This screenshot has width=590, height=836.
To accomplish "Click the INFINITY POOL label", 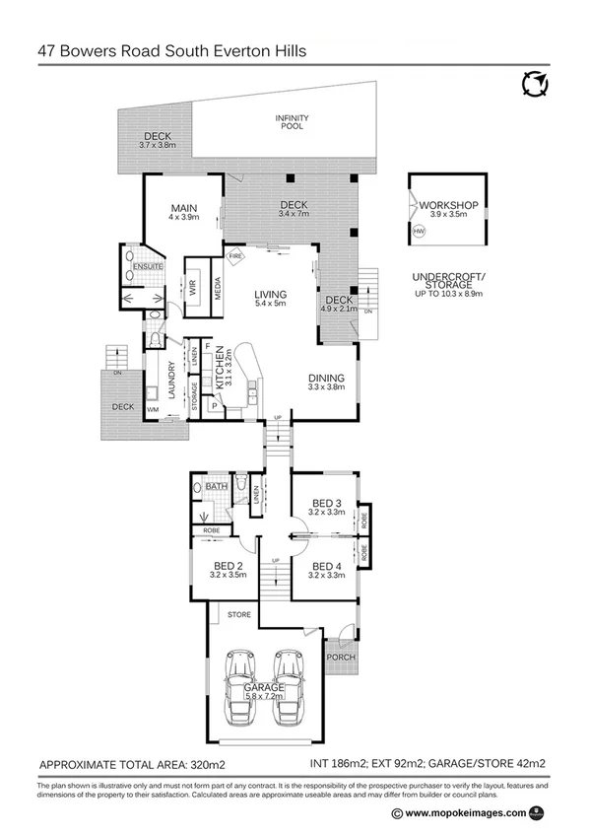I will click(292, 122).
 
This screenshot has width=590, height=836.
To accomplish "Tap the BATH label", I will click(217, 486).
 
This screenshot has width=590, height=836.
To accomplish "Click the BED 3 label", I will click(326, 501).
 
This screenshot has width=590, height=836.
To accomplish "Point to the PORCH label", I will click(341, 658).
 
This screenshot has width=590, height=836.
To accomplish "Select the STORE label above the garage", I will click(239, 615).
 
